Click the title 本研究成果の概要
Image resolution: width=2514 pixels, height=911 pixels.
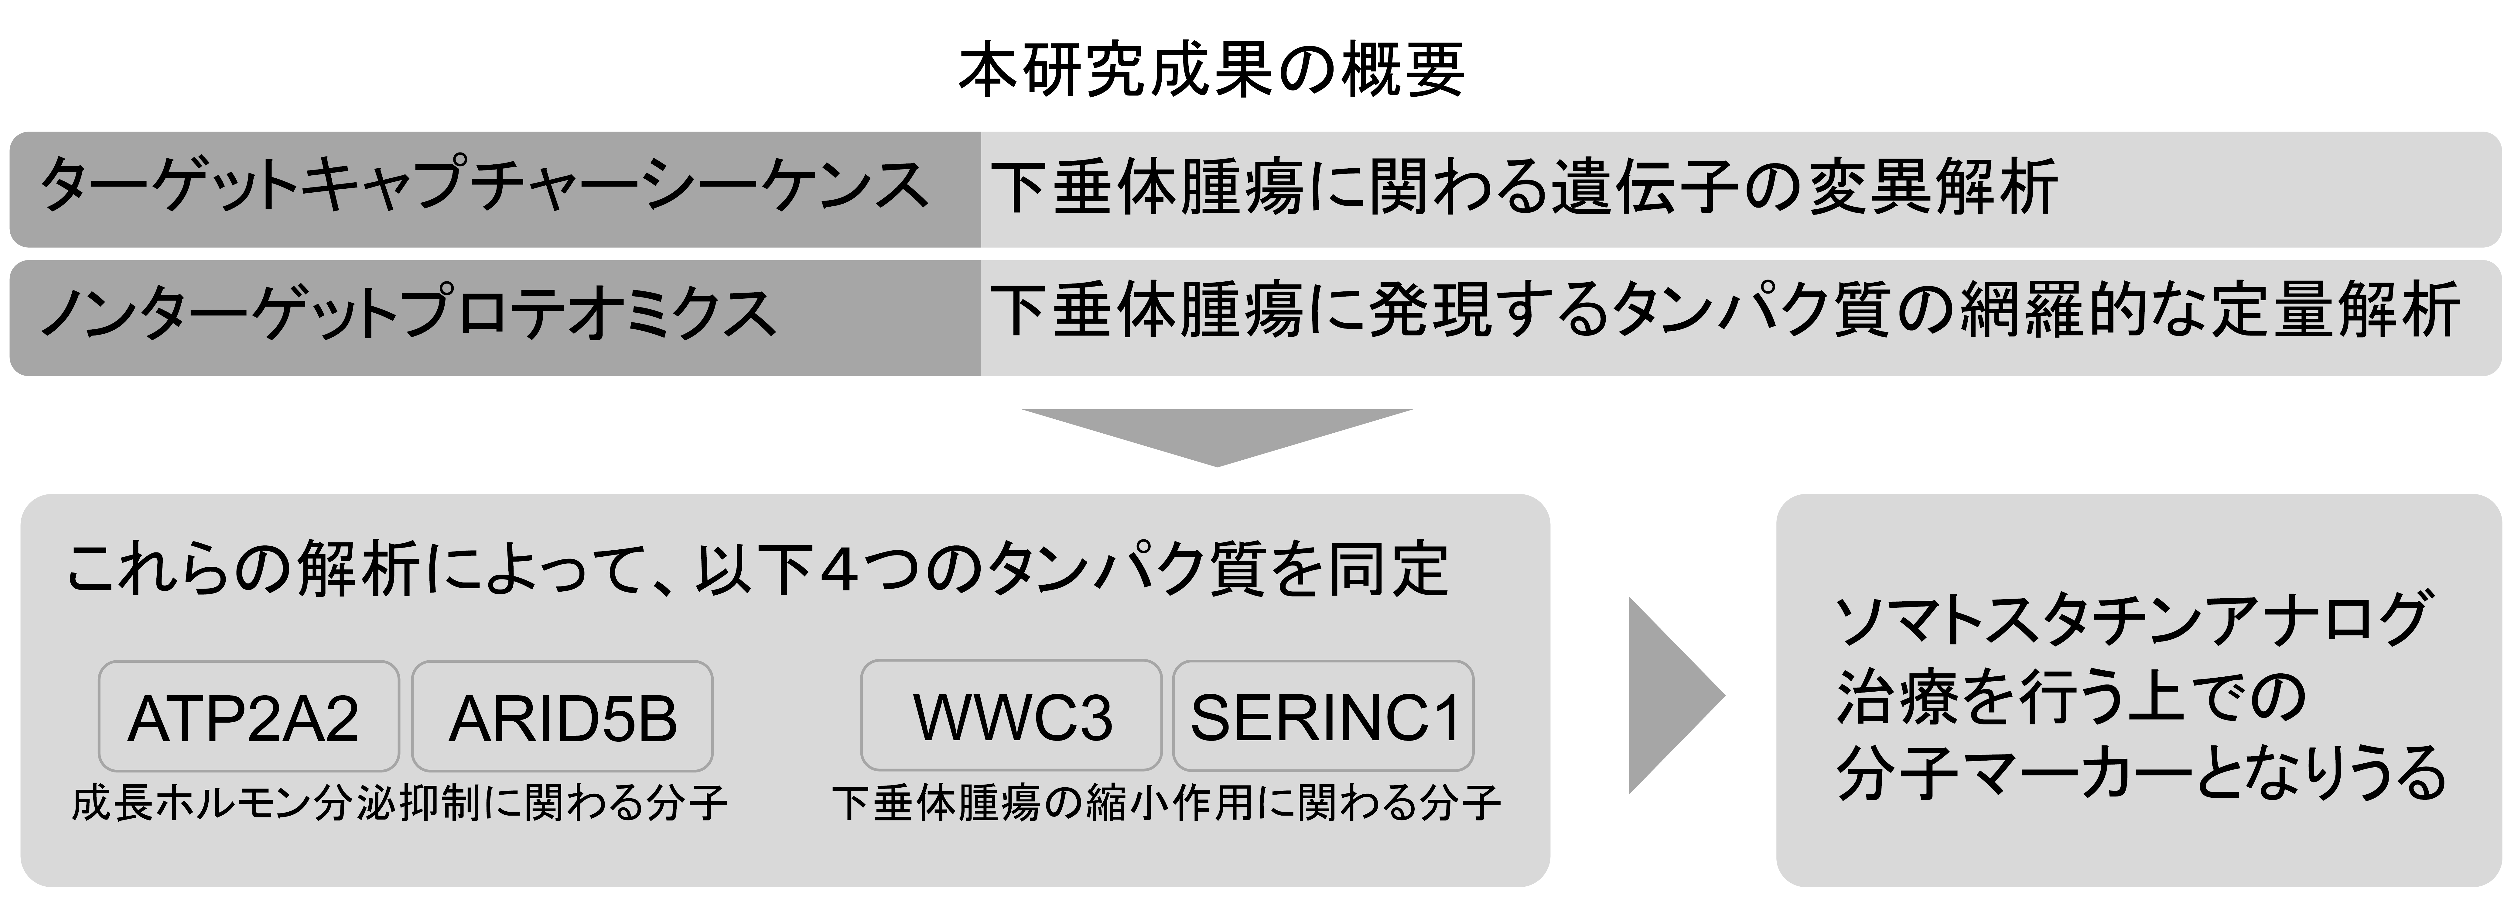tap(1211, 70)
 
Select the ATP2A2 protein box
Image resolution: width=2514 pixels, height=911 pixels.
tap(249, 716)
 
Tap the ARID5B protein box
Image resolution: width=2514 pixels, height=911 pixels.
tap(562, 716)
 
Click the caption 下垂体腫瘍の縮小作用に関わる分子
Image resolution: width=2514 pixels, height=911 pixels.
tap(1166, 803)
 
